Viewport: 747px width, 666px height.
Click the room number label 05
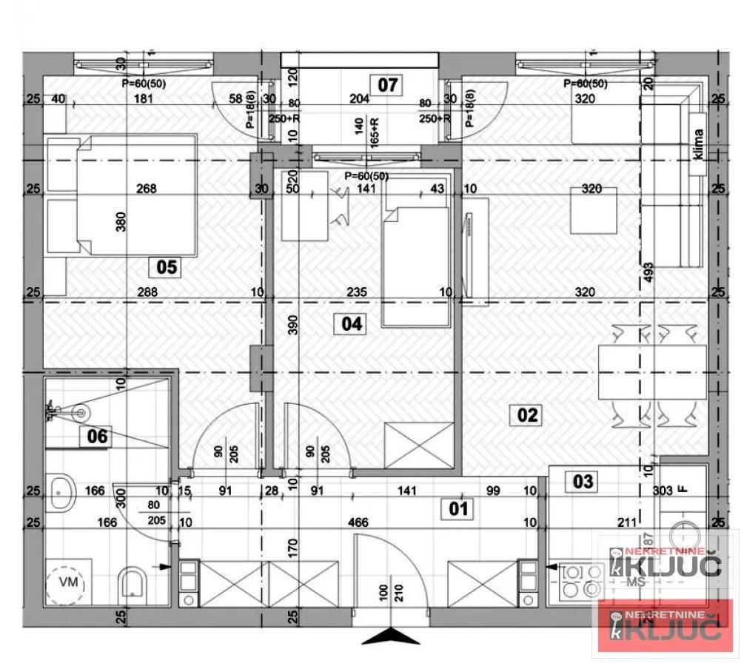pos(167,266)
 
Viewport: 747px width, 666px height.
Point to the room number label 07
pos(387,85)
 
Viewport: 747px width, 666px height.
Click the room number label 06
pos(97,437)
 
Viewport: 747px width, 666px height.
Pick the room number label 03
pos(583,482)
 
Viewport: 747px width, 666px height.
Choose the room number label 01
pos(459,508)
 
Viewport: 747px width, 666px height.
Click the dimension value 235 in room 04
pos(357,292)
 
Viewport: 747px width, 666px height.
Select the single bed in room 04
pos(416,265)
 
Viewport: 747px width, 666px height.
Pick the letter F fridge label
pos(683,489)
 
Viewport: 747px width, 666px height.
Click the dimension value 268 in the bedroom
pos(147,189)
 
